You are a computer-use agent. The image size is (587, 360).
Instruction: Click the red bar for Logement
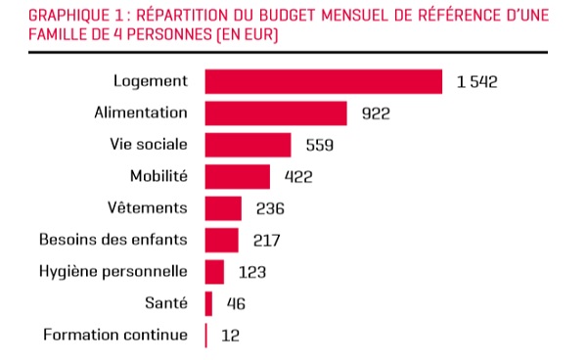point(324,81)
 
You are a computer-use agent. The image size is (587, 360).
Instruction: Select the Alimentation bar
point(276,113)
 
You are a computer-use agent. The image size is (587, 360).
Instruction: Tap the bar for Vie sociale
point(248,145)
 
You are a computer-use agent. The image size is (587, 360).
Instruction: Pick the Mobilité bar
point(238,177)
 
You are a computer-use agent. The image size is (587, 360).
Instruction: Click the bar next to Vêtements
point(223,208)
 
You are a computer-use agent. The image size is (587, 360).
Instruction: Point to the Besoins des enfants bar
point(222,241)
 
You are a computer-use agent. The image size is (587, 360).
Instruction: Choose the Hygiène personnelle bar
point(214,272)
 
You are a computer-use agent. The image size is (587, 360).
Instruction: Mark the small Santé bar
point(208,304)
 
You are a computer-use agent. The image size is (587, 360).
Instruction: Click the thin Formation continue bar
point(205,336)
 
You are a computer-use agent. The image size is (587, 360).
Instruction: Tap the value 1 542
point(477,82)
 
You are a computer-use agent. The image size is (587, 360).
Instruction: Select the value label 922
point(376,113)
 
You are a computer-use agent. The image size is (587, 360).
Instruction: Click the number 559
point(320,145)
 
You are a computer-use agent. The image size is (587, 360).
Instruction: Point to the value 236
point(270,208)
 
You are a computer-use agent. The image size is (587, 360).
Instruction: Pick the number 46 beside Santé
point(236,304)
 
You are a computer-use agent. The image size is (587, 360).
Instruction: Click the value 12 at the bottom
point(230,336)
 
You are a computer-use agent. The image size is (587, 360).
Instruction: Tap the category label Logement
point(151,81)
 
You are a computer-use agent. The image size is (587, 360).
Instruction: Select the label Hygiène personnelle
point(113,272)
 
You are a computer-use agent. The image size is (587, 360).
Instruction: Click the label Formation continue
point(115,335)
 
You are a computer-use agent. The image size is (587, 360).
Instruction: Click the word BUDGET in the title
point(288,16)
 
